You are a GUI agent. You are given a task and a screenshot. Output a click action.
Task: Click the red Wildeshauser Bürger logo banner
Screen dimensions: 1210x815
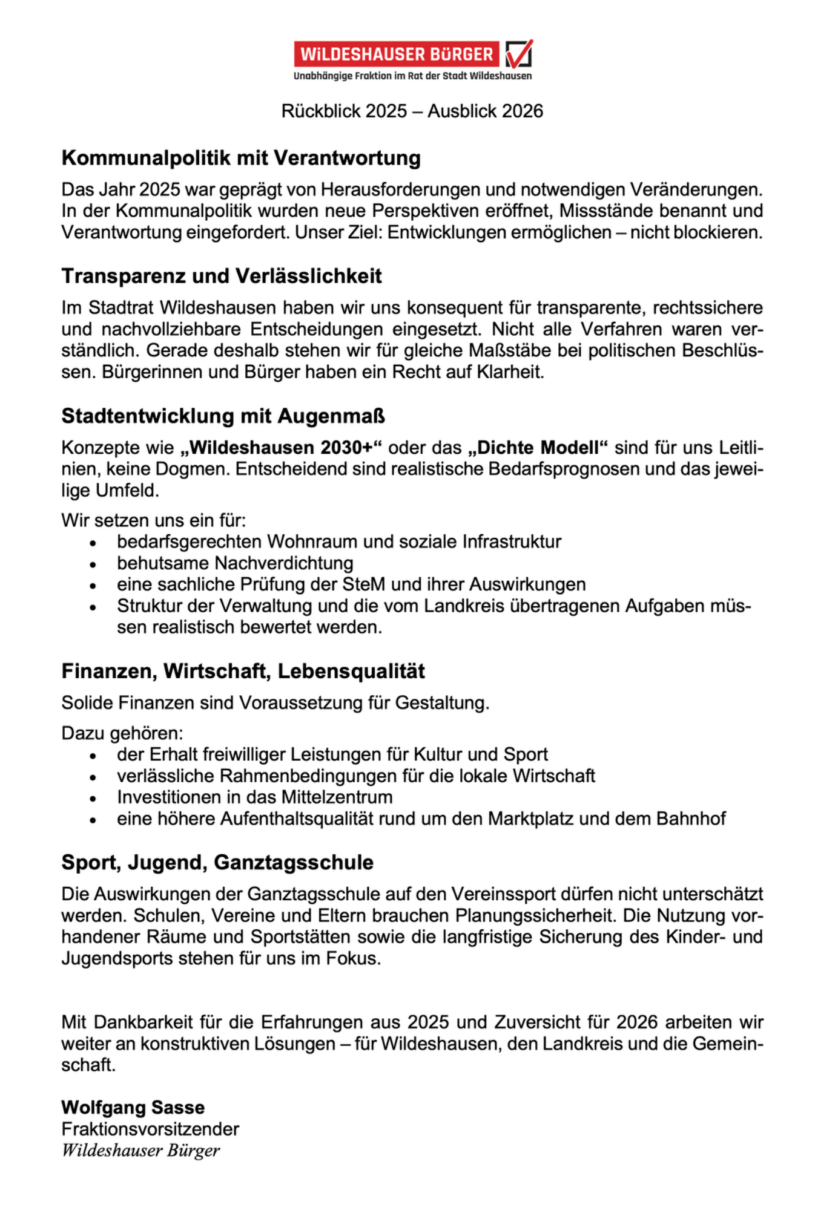[397, 54]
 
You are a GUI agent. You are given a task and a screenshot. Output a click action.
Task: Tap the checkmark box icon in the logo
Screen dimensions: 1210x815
[519, 54]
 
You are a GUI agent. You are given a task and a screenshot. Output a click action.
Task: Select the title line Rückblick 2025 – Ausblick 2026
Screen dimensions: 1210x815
[412, 111]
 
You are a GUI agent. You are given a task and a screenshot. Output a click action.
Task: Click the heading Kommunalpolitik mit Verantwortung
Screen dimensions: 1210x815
[241, 158]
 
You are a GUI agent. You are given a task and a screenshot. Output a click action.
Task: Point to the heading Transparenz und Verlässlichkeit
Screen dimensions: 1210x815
[222, 276]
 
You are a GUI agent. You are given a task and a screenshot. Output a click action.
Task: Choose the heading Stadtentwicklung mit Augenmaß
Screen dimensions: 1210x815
[223, 416]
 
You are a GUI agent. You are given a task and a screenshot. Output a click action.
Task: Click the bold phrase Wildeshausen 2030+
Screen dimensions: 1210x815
[282, 448]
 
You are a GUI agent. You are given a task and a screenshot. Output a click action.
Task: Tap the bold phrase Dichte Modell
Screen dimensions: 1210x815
[538, 448]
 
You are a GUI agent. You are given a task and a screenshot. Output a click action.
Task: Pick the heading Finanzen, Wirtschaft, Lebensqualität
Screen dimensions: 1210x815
[243, 671]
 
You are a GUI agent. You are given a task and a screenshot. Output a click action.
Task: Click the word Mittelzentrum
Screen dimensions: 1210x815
[337, 797]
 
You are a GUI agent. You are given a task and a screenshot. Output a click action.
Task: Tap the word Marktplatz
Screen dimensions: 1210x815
[530, 819]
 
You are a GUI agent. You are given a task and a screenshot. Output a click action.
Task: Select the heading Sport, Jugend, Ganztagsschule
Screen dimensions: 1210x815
[217, 862]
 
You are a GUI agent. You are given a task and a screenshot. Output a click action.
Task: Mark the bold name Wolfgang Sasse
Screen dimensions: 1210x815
[133, 1108]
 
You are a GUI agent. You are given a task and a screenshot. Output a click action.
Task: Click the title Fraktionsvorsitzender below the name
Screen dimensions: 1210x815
[150, 1129]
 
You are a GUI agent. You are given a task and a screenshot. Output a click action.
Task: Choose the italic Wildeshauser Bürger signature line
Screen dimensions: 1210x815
[140, 1150]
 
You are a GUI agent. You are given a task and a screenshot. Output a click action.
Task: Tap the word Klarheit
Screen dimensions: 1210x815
[510, 372]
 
